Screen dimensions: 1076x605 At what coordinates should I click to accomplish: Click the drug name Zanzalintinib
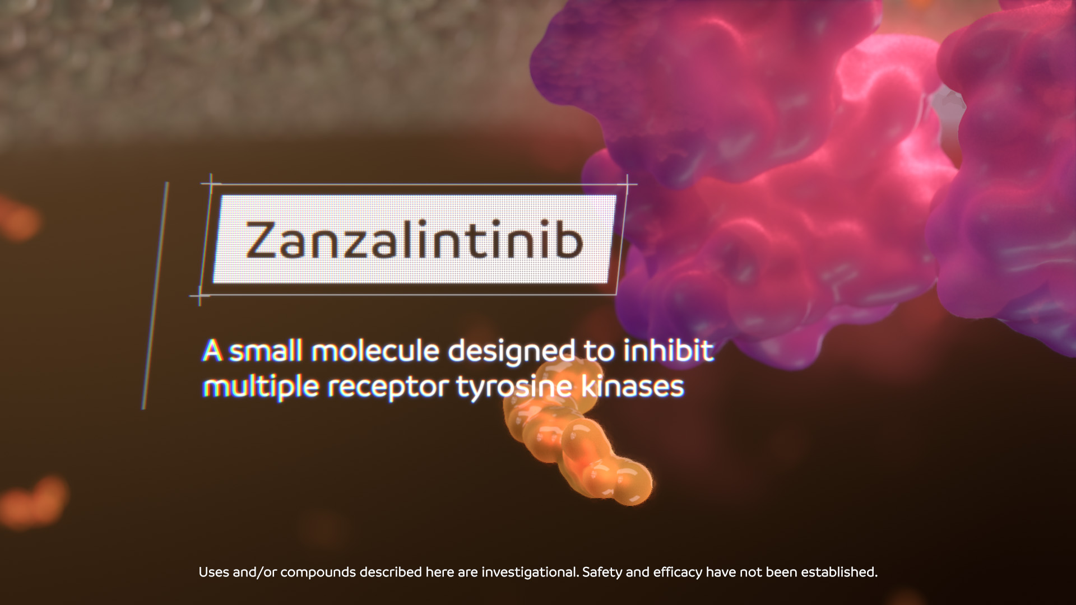click(x=414, y=240)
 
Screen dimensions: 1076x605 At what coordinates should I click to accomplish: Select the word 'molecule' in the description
click(x=375, y=351)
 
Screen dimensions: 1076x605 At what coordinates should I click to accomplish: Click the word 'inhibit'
click(x=669, y=351)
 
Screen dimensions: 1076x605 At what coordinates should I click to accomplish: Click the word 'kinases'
click(x=633, y=386)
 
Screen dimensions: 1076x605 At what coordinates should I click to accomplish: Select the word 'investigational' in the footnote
click(x=530, y=573)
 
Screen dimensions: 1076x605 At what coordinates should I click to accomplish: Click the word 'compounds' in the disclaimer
click(x=318, y=573)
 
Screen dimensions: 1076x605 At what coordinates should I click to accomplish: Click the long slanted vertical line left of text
click(x=155, y=295)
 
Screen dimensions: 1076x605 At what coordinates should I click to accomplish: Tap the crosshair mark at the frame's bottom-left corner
click(x=200, y=295)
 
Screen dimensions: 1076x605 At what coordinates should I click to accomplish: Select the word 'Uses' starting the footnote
click(x=214, y=572)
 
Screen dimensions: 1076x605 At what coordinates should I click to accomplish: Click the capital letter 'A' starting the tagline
click(x=212, y=351)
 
